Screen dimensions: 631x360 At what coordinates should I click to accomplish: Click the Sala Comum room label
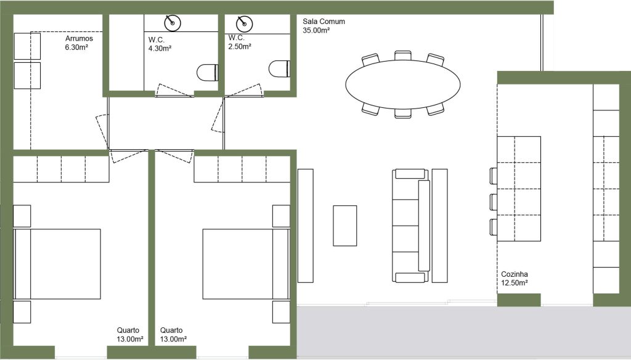click(x=324, y=25)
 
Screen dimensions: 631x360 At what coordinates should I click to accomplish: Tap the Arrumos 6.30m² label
click(x=79, y=43)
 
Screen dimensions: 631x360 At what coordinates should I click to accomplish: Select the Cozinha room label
click(x=515, y=278)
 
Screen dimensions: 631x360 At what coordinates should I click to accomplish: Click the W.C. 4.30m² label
click(x=160, y=44)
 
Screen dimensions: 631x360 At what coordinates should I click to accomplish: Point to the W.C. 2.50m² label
click(x=240, y=43)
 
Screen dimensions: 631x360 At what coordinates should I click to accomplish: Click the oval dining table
click(x=403, y=84)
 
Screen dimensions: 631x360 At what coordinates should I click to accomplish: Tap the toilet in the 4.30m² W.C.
click(x=207, y=73)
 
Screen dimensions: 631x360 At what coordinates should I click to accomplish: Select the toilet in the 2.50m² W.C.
click(x=279, y=68)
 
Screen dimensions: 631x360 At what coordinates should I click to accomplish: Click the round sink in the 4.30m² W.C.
click(x=173, y=23)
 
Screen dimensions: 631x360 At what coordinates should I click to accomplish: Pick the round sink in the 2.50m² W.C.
click(x=244, y=24)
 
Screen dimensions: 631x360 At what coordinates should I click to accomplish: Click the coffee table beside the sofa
click(x=345, y=226)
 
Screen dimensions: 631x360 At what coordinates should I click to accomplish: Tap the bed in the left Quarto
click(x=57, y=264)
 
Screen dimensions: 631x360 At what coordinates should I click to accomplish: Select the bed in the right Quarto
click(x=246, y=264)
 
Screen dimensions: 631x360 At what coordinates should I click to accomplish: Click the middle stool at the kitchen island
click(x=494, y=202)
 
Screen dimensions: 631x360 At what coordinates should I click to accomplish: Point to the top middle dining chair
click(x=403, y=55)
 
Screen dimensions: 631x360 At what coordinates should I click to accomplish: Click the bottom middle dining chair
click(x=403, y=113)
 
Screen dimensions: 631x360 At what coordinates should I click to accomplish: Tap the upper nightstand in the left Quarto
click(x=22, y=216)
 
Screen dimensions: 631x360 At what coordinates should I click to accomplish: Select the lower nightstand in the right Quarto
click(x=281, y=312)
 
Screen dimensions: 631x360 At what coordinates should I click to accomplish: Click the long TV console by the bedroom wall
click(x=306, y=226)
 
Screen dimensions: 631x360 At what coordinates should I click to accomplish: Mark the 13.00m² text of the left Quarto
click(x=130, y=339)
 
